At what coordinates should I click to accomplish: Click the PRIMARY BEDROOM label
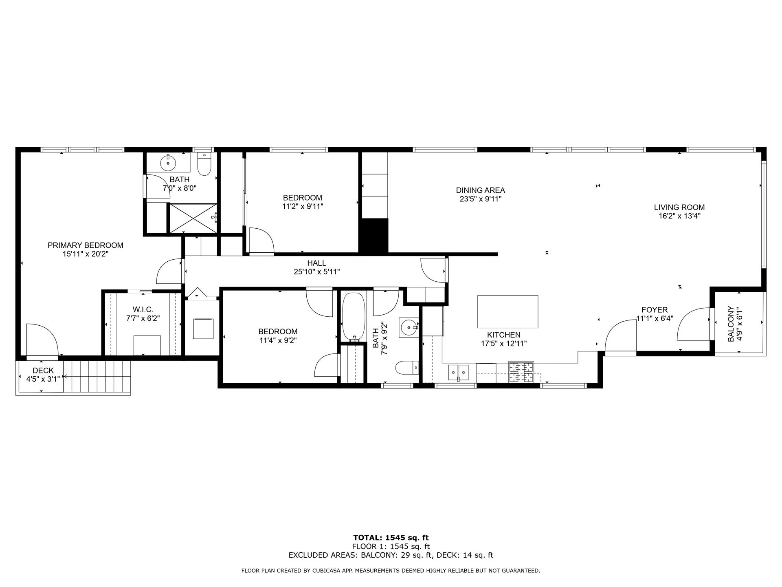[85, 245]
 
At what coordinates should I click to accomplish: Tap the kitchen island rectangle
[507, 312]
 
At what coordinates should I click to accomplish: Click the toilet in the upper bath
[204, 165]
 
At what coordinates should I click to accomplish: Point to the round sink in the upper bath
[168, 163]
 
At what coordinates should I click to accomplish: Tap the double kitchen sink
[458, 372]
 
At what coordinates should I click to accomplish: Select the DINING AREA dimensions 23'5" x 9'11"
[481, 199]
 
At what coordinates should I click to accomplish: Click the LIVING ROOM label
[679, 207]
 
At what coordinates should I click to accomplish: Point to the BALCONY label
[731, 324]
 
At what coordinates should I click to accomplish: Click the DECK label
[43, 371]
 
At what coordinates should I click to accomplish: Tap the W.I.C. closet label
[143, 310]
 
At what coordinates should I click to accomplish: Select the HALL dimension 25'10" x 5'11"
[316, 272]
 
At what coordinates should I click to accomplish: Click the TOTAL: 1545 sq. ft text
[391, 538]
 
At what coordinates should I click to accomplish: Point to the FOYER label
[655, 310]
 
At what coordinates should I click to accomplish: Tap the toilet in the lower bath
[406, 367]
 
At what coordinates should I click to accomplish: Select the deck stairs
[97, 377]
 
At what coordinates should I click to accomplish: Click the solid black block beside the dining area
[373, 236]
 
